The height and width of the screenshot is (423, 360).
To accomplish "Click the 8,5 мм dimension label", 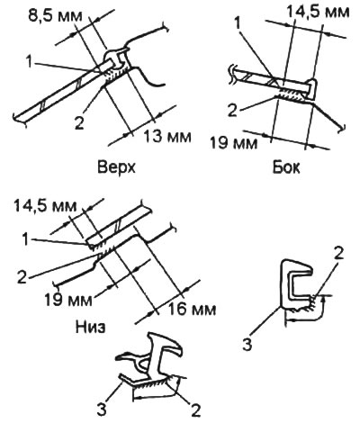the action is [x=55, y=16].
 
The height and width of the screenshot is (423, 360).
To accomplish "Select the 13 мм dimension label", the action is [x=167, y=137].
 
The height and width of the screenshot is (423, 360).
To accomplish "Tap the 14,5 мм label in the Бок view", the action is [x=318, y=13].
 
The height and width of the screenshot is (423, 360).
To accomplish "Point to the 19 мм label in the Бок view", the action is [x=234, y=142].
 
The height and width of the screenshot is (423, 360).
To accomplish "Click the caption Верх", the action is [x=116, y=167].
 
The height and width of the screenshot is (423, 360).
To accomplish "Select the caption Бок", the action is [x=286, y=167].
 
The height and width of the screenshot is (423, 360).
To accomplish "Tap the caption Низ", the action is [x=90, y=327].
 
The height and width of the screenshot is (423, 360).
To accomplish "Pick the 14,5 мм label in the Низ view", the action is [x=45, y=206].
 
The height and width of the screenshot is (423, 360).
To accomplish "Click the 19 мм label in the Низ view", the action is [x=68, y=300].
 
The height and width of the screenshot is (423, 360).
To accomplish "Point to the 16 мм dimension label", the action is [x=192, y=310].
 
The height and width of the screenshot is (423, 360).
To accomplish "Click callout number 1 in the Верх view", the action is [x=29, y=62].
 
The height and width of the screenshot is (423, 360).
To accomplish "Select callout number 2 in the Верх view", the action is [x=79, y=123].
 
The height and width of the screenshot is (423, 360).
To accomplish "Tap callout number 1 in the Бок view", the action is [x=238, y=23].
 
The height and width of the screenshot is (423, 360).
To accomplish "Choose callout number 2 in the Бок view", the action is [x=233, y=111].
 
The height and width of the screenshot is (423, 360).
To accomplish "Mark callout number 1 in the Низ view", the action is [x=27, y=239].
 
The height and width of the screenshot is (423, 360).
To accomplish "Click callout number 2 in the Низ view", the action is [x=22, y=278].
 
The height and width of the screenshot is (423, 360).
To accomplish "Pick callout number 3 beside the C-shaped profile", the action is [x=247, y=345].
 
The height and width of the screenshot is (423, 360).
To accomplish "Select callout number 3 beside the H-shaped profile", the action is [x=102, y=409].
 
